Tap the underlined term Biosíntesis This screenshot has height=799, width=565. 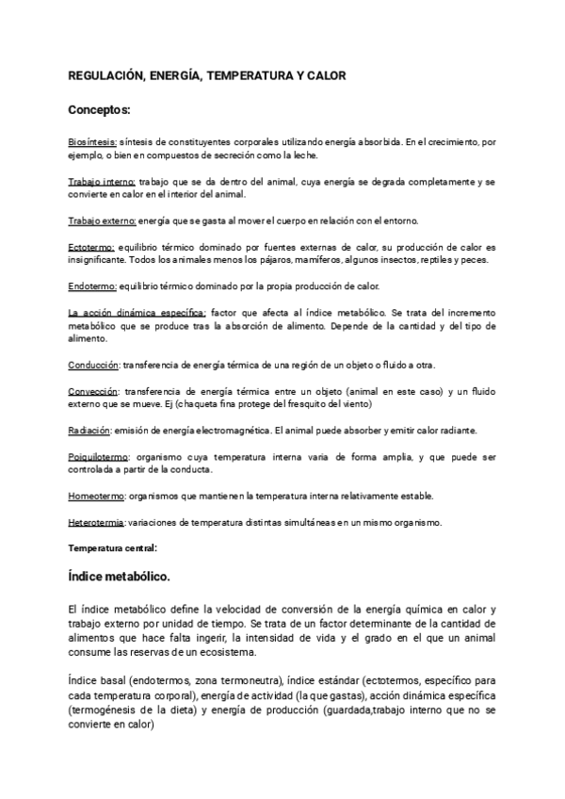coord(92,141)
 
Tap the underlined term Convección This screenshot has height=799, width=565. coord(93,391)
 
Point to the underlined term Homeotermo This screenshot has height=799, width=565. coord(97,496)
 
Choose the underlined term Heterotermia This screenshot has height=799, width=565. coord(97,522)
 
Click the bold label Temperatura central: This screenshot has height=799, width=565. coord(112,546)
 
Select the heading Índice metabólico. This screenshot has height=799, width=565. coord(119,576)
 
